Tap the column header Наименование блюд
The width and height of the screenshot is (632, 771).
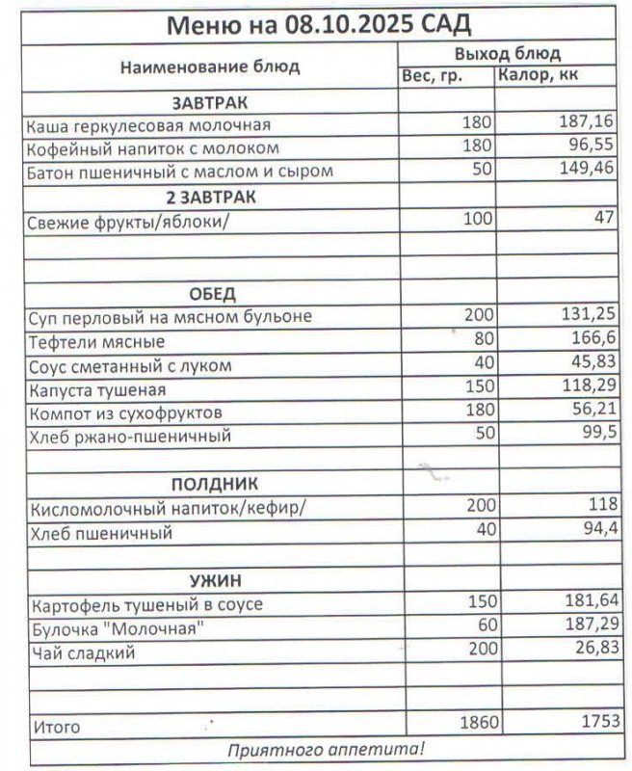point(209,66)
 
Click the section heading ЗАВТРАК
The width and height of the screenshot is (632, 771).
point(209,101)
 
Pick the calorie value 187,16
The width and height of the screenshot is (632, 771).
point(587,124)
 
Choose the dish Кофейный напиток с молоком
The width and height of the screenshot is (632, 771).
point(153,148)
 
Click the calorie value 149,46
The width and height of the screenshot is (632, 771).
point(587,172)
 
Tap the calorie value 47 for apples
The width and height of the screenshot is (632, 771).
point(603,220)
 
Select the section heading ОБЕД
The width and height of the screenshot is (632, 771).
point(209,293)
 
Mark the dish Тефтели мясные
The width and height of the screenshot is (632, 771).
point(96,342)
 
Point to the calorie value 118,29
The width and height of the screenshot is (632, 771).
point(588,389)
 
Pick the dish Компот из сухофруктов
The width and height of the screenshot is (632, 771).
point(126,413)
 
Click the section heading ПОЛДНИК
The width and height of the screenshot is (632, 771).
point(215,483)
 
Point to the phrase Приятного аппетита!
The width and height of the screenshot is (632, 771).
point(325,749)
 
